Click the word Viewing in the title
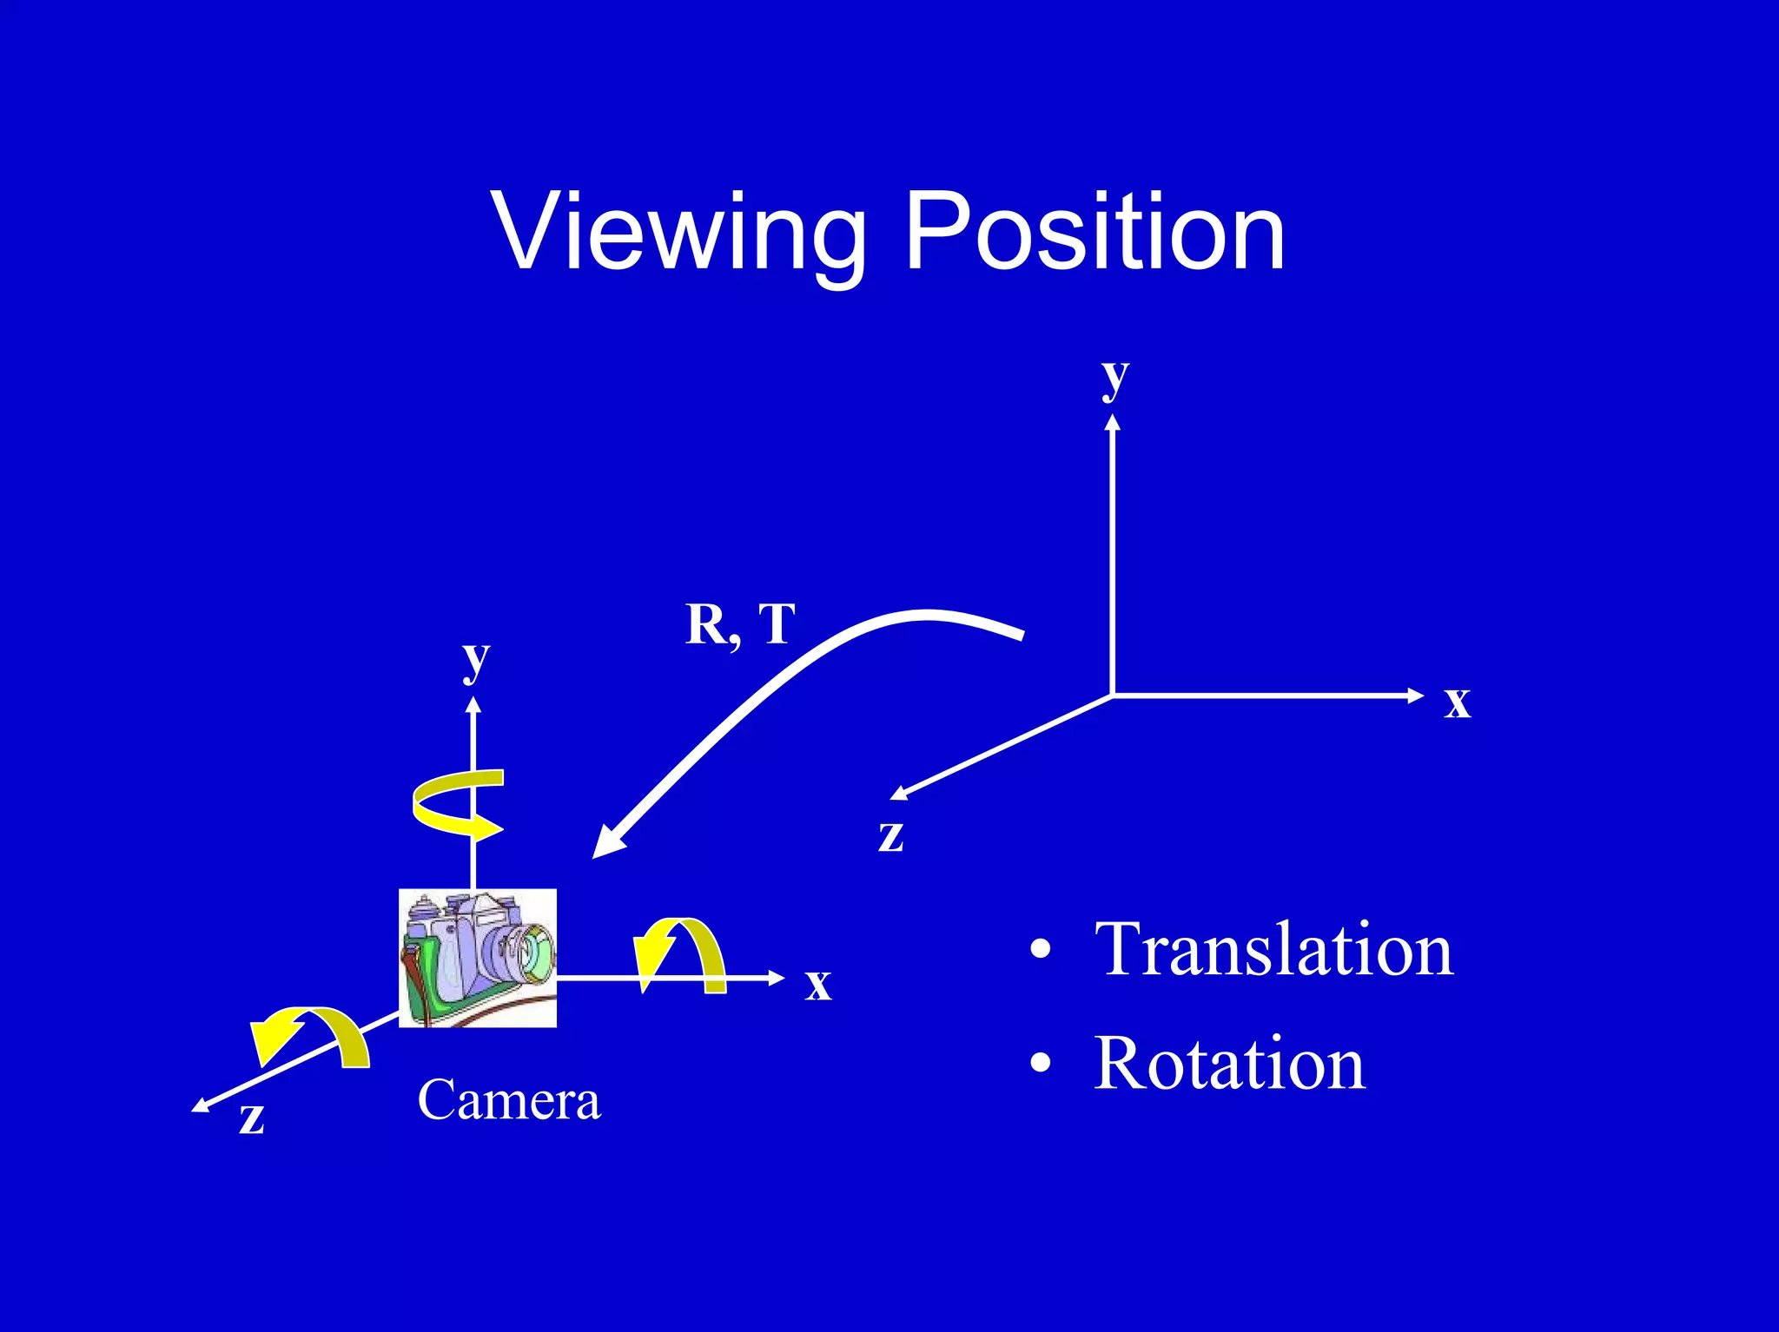[678, 233]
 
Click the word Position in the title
[1094, 233]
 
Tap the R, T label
[740, 623]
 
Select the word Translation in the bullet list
[1273, 950]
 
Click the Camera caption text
[508, 1100]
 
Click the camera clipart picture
[477, 958]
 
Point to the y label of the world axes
[1114, 378]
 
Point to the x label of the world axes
[1457, 701]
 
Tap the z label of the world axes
[890, 835]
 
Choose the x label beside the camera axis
[817, 984]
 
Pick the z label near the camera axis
[251, 1118]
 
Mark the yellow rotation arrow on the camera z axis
[309, 1035]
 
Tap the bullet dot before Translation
[1040, 950]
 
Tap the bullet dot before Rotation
[1040, 1063]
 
